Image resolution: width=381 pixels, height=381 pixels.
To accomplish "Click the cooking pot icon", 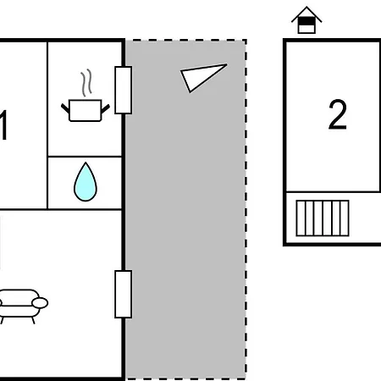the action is pos(85,110).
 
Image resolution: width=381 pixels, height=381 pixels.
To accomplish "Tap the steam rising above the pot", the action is pos(86,82).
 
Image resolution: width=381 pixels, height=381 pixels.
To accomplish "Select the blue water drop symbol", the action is pos(86,182).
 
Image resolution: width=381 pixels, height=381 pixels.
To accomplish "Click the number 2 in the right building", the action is pos(338,114).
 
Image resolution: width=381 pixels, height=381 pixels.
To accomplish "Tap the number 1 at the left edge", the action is pos(3,125).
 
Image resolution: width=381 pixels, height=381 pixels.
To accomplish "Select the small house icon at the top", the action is pos(306,20).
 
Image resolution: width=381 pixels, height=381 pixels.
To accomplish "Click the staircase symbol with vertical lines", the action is pos(323,218).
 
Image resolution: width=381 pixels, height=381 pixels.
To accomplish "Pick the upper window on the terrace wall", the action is pos(124,90).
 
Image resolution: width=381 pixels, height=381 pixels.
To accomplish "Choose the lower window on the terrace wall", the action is pos(124,294).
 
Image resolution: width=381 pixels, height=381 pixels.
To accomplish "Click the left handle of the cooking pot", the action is pos(65,108).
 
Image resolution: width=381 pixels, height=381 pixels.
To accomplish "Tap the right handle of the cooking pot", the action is pos(105,108).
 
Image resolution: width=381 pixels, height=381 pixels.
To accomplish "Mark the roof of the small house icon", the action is pos(306,14).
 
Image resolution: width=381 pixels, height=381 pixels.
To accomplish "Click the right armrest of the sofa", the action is pos(40,303).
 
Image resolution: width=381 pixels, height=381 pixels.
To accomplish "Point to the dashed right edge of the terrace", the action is pos(246,209).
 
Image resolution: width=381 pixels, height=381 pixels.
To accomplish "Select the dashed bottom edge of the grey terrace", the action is pos(185,378).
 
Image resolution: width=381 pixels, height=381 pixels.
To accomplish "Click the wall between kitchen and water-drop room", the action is pos(85,157).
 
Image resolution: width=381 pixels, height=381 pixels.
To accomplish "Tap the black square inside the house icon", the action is pos(306,21).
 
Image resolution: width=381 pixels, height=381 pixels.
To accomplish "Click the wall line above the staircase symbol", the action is pos(333,192).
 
